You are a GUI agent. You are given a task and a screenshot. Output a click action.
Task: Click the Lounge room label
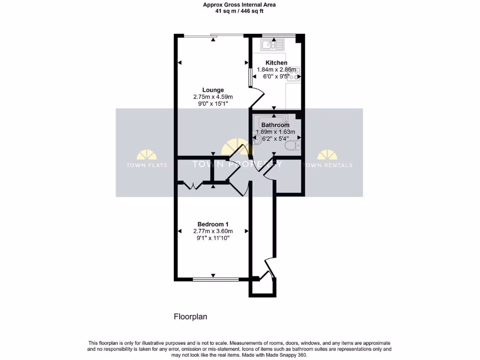213,90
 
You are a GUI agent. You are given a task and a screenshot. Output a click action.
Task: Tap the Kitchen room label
276,63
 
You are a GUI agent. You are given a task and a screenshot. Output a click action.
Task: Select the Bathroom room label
275,125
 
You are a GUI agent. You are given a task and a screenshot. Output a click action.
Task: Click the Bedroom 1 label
213,224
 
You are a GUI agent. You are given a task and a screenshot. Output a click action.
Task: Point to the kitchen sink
273,45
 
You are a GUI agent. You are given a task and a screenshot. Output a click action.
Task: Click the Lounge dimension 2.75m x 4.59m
213,97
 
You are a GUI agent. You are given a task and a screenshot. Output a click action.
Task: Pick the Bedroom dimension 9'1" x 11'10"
213,238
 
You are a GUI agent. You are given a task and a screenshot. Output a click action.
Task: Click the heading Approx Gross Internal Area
239,5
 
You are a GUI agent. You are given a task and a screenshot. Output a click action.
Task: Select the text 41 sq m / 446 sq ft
239,11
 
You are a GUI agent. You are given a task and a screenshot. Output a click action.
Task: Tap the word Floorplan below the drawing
190,317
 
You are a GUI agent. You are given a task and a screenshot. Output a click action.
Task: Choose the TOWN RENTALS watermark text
328,165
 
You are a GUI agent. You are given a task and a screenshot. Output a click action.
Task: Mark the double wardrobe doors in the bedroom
193,186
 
